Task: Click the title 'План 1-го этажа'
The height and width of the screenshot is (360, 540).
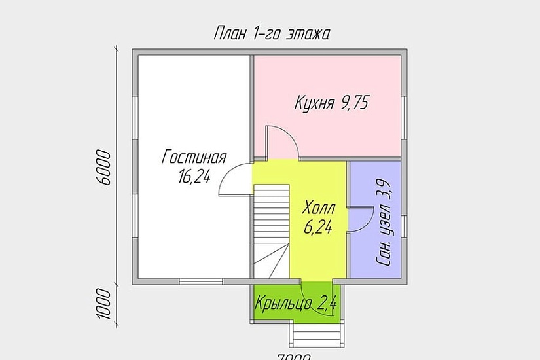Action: click(x=271, y=34)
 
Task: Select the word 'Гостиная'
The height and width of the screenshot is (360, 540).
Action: click(x=194, y=158)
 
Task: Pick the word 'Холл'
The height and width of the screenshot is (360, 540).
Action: click(x=319, y=209)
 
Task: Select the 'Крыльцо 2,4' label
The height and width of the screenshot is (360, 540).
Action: click(x=297, y=304)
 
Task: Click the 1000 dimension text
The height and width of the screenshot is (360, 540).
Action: click(x=105, y=304)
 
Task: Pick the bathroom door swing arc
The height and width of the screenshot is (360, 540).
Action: click(x=358, y=219)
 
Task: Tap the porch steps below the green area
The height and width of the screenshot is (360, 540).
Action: click(x=317, y=335)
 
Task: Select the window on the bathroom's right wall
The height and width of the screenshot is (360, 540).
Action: click(x=404, y=225)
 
